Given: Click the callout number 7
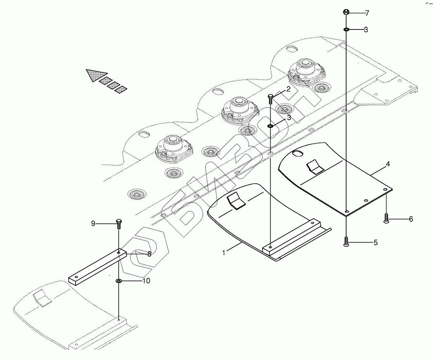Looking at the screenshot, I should coord(367,14).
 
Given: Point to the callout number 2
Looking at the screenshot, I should coord(288,90).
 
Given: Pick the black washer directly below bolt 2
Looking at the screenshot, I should coord(271,126).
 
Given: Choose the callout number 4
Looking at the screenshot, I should coord(387,164).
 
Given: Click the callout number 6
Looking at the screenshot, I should coord(411,219).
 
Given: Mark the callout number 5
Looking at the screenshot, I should coord(375,243).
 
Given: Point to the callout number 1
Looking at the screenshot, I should coord(224,253).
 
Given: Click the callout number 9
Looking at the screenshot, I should coord(93,223).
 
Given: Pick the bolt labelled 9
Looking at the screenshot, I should coord(118,224).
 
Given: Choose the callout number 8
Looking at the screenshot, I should coord(148,254).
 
